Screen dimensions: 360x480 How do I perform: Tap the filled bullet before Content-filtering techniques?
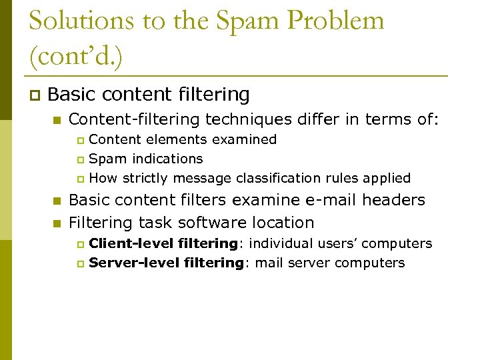tap(57, 121)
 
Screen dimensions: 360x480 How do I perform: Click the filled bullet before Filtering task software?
tap(57, 223)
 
